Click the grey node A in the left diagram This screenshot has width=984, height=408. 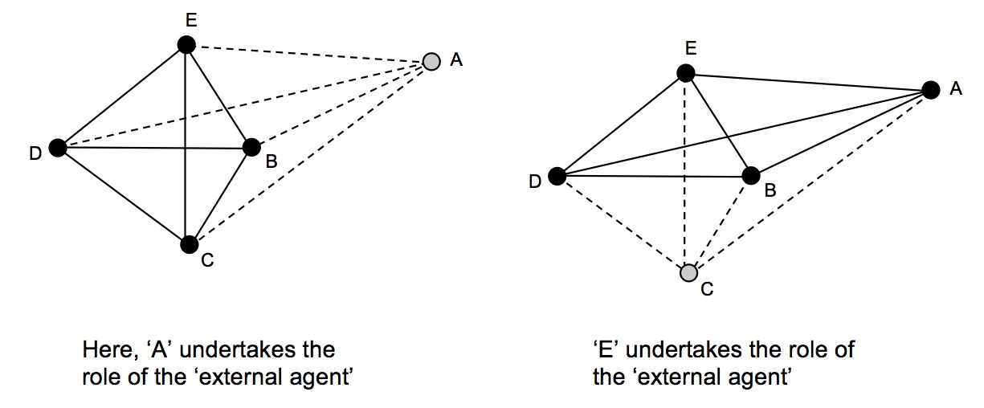(x=431, y=61)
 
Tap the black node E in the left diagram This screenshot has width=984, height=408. (x=186, y=45)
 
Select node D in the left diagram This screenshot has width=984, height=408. (x=57, y=147)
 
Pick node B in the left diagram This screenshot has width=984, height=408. (x=251, y=146)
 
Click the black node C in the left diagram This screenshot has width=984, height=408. (x=189, y=243)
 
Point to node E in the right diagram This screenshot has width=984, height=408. (x=685, y=74)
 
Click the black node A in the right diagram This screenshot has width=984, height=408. (x=931, y=89)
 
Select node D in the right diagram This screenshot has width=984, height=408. (x=557, y=177)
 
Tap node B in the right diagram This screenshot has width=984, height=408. (x=751, y=175)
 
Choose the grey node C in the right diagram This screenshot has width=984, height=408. (x=688, y=273)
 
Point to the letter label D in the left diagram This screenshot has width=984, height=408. (x=35, y=153)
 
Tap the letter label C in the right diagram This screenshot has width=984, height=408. (x=707, y=289)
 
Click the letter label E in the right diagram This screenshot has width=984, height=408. (x=690, y=49)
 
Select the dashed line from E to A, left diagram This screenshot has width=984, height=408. (x=309, y=53)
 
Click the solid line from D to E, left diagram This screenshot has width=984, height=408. (x=121, y=96)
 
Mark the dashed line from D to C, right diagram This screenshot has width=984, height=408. (x=622, y=225)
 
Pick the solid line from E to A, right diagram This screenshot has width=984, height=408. (x=808, y=81)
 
